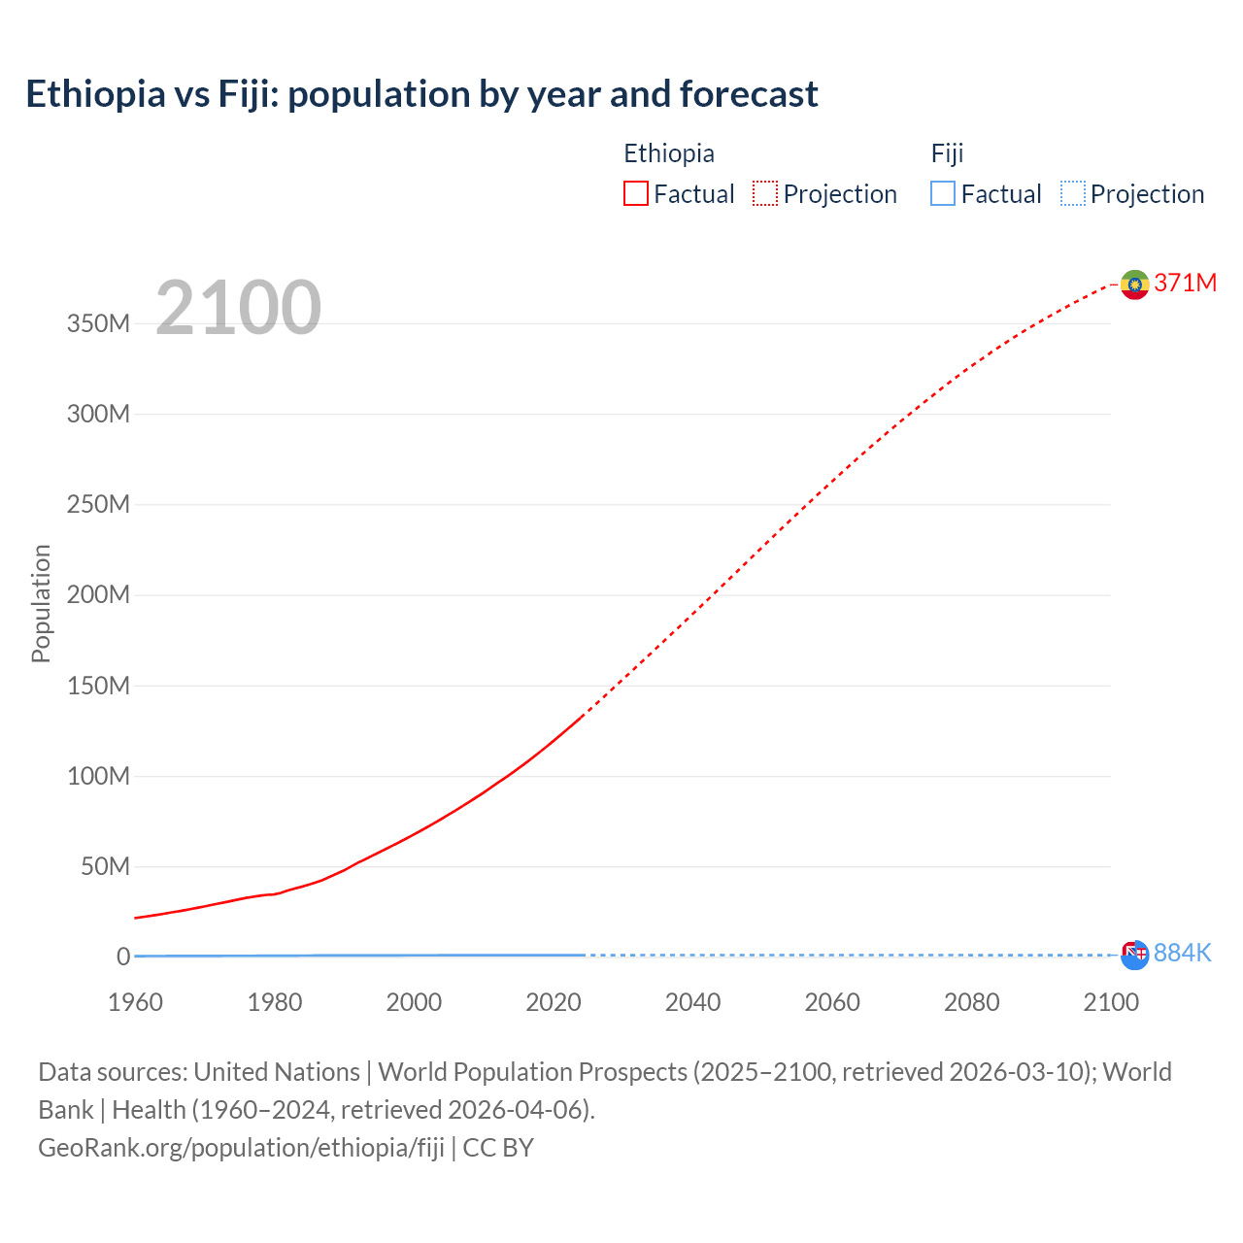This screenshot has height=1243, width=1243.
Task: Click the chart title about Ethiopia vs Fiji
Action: pyautogui.click(x=421, y=94)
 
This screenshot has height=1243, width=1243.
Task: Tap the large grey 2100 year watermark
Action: pyautogui.click(x=238, y=308)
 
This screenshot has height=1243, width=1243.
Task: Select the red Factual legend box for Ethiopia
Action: pyautogui.click(x=635, y=194)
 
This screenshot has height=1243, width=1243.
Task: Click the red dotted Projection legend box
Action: pyautogui.click(x=765, y=194)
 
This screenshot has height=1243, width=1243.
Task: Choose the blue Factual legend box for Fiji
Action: pyautogui.click(x=942, y=194)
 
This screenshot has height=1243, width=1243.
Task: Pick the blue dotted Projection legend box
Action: pyautogui.click(x=1073, y=194)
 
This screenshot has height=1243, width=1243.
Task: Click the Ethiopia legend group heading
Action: pyautogui.click(x=668, y=153)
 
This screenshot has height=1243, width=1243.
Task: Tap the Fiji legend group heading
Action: pyautogui.click(x=947, y=153)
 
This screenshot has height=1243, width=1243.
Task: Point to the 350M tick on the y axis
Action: pyautogui.click(x=98, y=323)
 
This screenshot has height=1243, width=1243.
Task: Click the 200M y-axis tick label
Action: pyautogui.click(x=98, y=595)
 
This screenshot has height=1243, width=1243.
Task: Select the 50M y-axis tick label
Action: pyautogui.click(x=105, y=866)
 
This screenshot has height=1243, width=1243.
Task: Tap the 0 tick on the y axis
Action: pyautogui.click(x=123, y=957)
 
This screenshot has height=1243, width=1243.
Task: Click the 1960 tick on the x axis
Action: pyautogui.click(x=135, y=1002)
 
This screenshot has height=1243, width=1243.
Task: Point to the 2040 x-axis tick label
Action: pyautogui.click(x=692, y=1002)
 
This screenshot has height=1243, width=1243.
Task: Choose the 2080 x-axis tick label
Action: pyautogui.click(x=971, y=1002)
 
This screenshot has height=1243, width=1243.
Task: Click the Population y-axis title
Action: pyautogui.click(x=41, y=603)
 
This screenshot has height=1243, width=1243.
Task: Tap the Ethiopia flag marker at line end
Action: pyautogui.click(x=1134, y=285)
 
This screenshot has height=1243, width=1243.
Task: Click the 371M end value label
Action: pyautogui.click(x=1185, y=283)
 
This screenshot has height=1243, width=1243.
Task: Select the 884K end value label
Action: pyautogui.click(x=1182, y=954)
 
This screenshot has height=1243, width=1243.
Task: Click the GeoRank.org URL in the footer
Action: pyautogui.click(x=241, y=1148)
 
